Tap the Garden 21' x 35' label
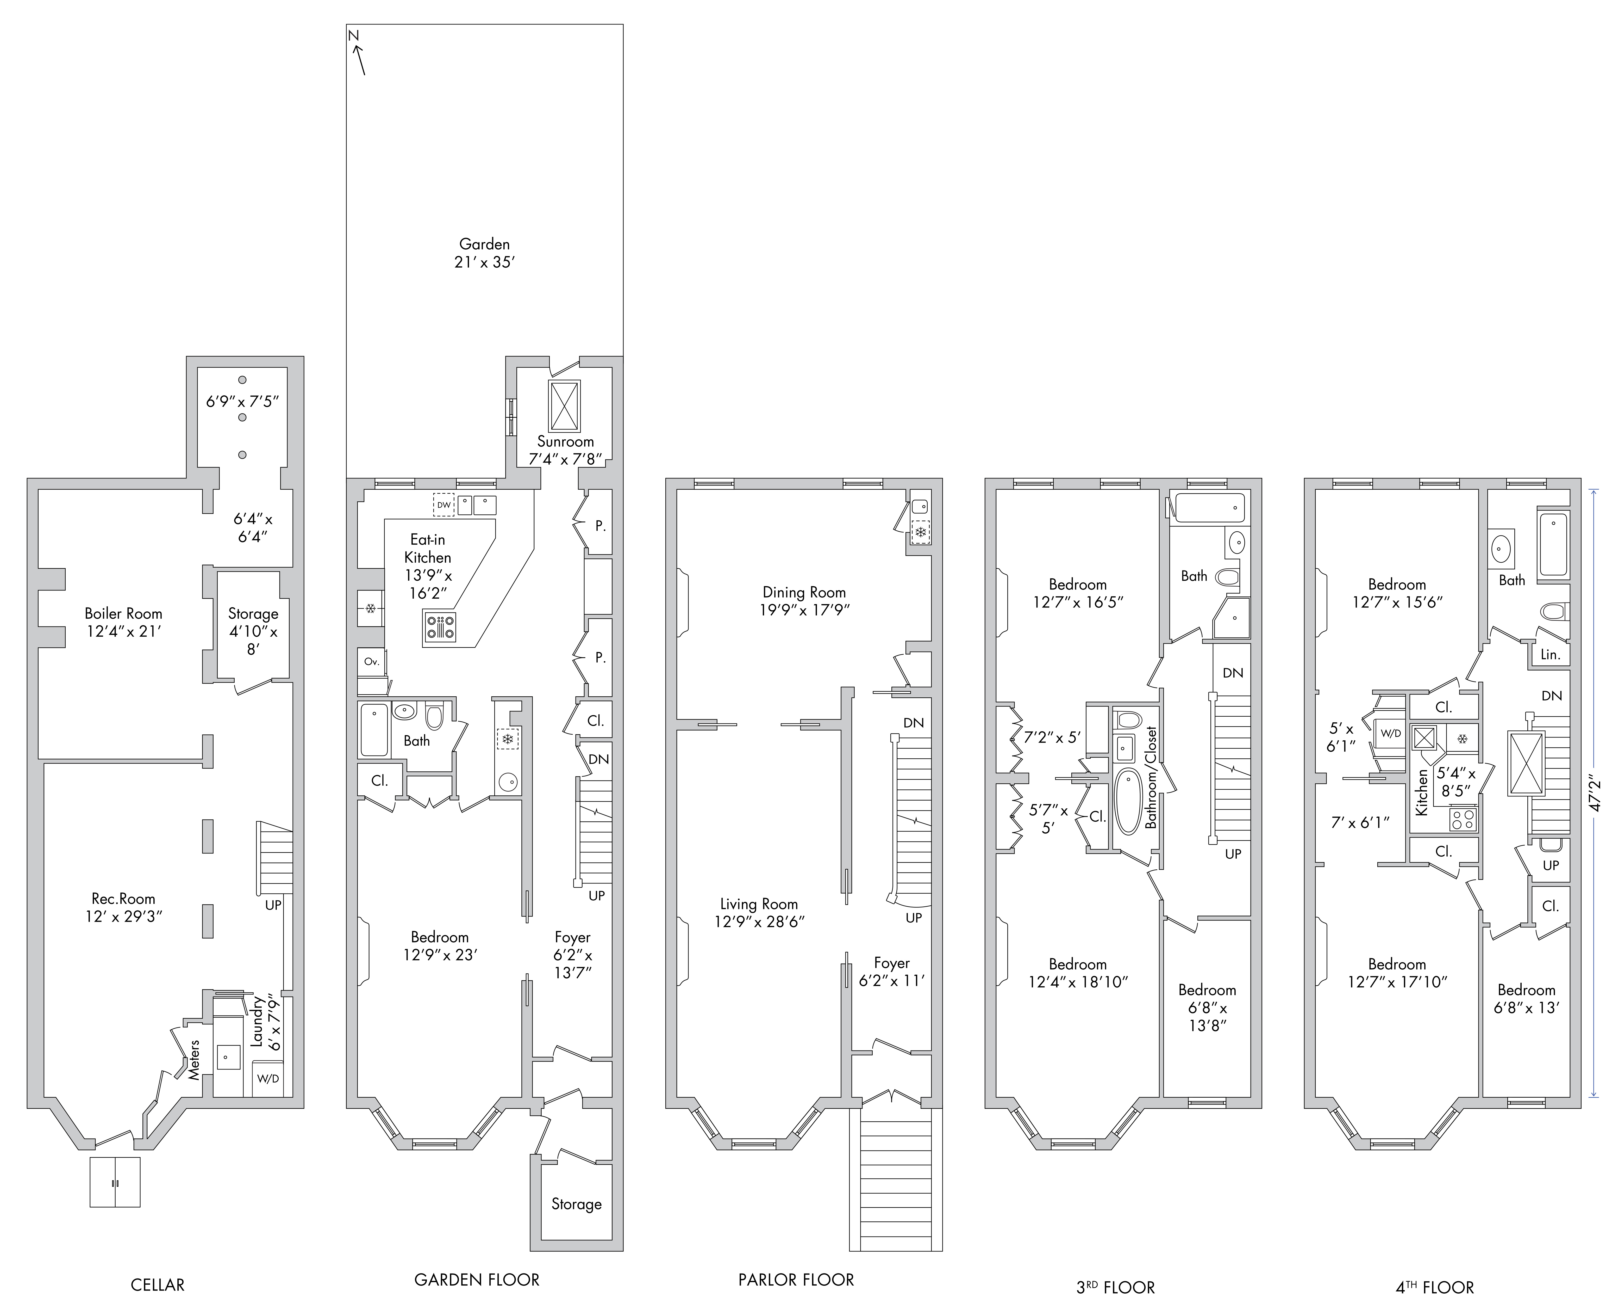pyautogui.click(x=485, y=253)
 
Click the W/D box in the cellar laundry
pyautogui.click(x=268, y=1079)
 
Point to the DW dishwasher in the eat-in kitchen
pyautogui.click(x=443, y=505)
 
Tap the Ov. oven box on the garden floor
pyautogui.click(x=371, y=661)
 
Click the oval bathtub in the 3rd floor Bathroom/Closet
pyautogui.click(x=1127, y=801)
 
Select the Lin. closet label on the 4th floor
pyautogui.click(x=1551, y=655)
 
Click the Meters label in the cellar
pyautogui.click(x=194, y=1059)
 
